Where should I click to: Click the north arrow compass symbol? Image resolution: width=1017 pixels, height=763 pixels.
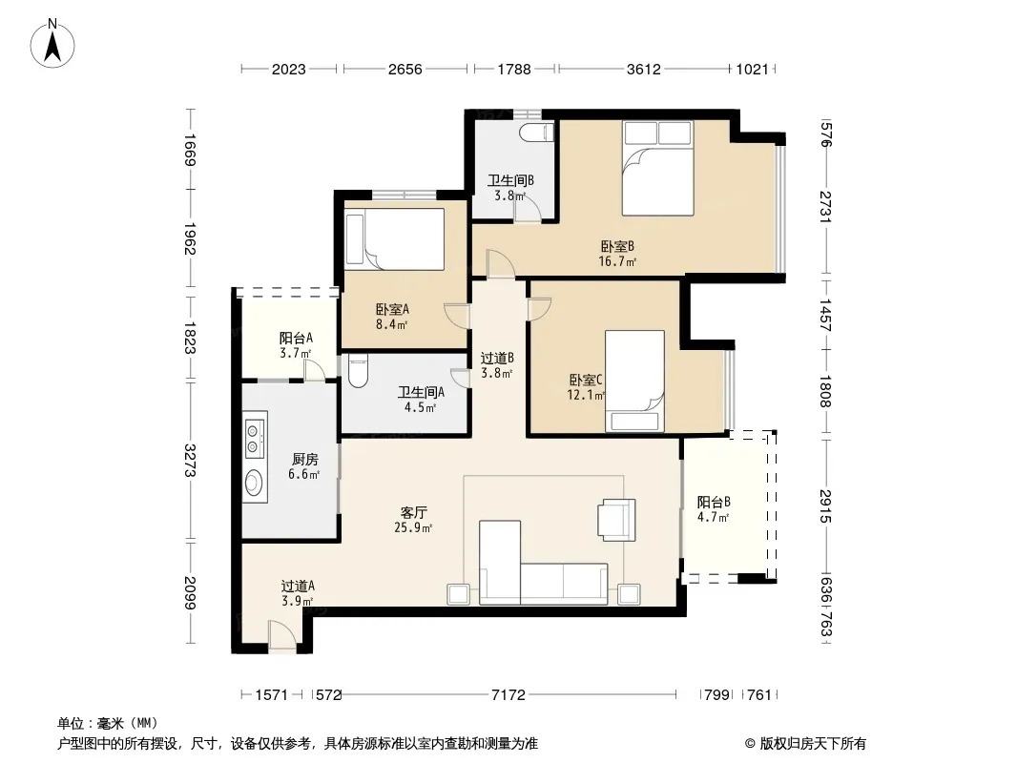(52, 44)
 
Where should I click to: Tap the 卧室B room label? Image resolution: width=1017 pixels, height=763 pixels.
(617, 246)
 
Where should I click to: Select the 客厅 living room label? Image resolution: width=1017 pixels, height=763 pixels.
(413, 513)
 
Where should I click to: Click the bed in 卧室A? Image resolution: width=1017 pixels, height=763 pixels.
(395, 238)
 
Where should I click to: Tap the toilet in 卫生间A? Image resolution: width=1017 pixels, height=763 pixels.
(358, 370)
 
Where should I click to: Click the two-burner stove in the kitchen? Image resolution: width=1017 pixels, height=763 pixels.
(255, 437)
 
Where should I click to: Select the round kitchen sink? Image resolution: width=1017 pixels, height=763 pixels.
(254, 483)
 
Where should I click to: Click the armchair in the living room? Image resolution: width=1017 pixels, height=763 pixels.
(617, 519)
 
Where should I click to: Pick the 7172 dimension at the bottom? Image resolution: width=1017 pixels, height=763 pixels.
(508, 695)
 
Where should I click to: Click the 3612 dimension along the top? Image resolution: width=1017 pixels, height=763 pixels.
(643, 69)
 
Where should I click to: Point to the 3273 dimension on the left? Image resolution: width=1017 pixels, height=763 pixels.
(190, 460)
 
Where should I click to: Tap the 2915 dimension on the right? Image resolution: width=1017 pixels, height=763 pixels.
(825, 506)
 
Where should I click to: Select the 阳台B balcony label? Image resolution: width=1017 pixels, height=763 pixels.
(714, 502)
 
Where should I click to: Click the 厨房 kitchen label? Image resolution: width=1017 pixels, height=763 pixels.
(305, 459)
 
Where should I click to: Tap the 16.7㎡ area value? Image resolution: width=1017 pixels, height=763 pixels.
(617, 262)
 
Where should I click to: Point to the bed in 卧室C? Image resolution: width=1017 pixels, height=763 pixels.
(635, 381)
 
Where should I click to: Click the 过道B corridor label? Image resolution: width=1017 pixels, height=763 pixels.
(497, 358)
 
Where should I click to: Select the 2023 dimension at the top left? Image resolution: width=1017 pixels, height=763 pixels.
(289, 69)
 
